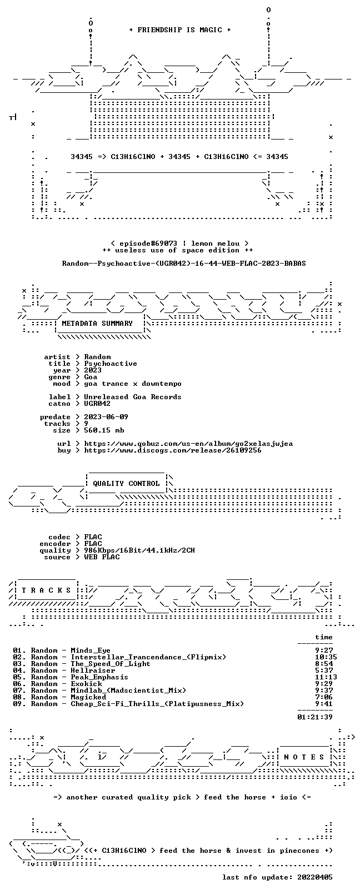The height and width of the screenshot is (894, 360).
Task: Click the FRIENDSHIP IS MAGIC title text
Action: coord(180,30)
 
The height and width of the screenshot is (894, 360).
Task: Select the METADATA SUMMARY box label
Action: coord(97,324)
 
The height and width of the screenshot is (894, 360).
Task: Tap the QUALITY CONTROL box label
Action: coord(126,484)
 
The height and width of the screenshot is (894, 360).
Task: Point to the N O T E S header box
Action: coord(304,757)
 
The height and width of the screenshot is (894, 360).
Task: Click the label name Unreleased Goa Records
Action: coord(133,397)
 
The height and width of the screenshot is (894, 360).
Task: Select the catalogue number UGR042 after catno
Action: coord(97,404)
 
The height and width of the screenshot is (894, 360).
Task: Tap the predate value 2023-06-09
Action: coord(106,417)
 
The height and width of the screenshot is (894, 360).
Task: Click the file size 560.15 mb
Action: coord(104,430)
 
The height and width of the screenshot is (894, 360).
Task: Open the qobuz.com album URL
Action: coord(188,444)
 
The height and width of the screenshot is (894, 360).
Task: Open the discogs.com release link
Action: coord(173,450)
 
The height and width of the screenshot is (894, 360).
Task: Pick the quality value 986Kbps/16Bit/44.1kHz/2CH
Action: coord(139,551)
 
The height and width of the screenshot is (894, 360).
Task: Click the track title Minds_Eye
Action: coord(91,650)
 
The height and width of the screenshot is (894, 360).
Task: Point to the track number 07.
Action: coord(18,691)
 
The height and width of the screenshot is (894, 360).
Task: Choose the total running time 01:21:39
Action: coord(315,717)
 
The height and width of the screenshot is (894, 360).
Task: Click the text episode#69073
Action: coord(148,244)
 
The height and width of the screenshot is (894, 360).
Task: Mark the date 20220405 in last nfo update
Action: coord(315,877)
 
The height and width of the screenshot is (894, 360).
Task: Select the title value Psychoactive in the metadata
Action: coord(111,364)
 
